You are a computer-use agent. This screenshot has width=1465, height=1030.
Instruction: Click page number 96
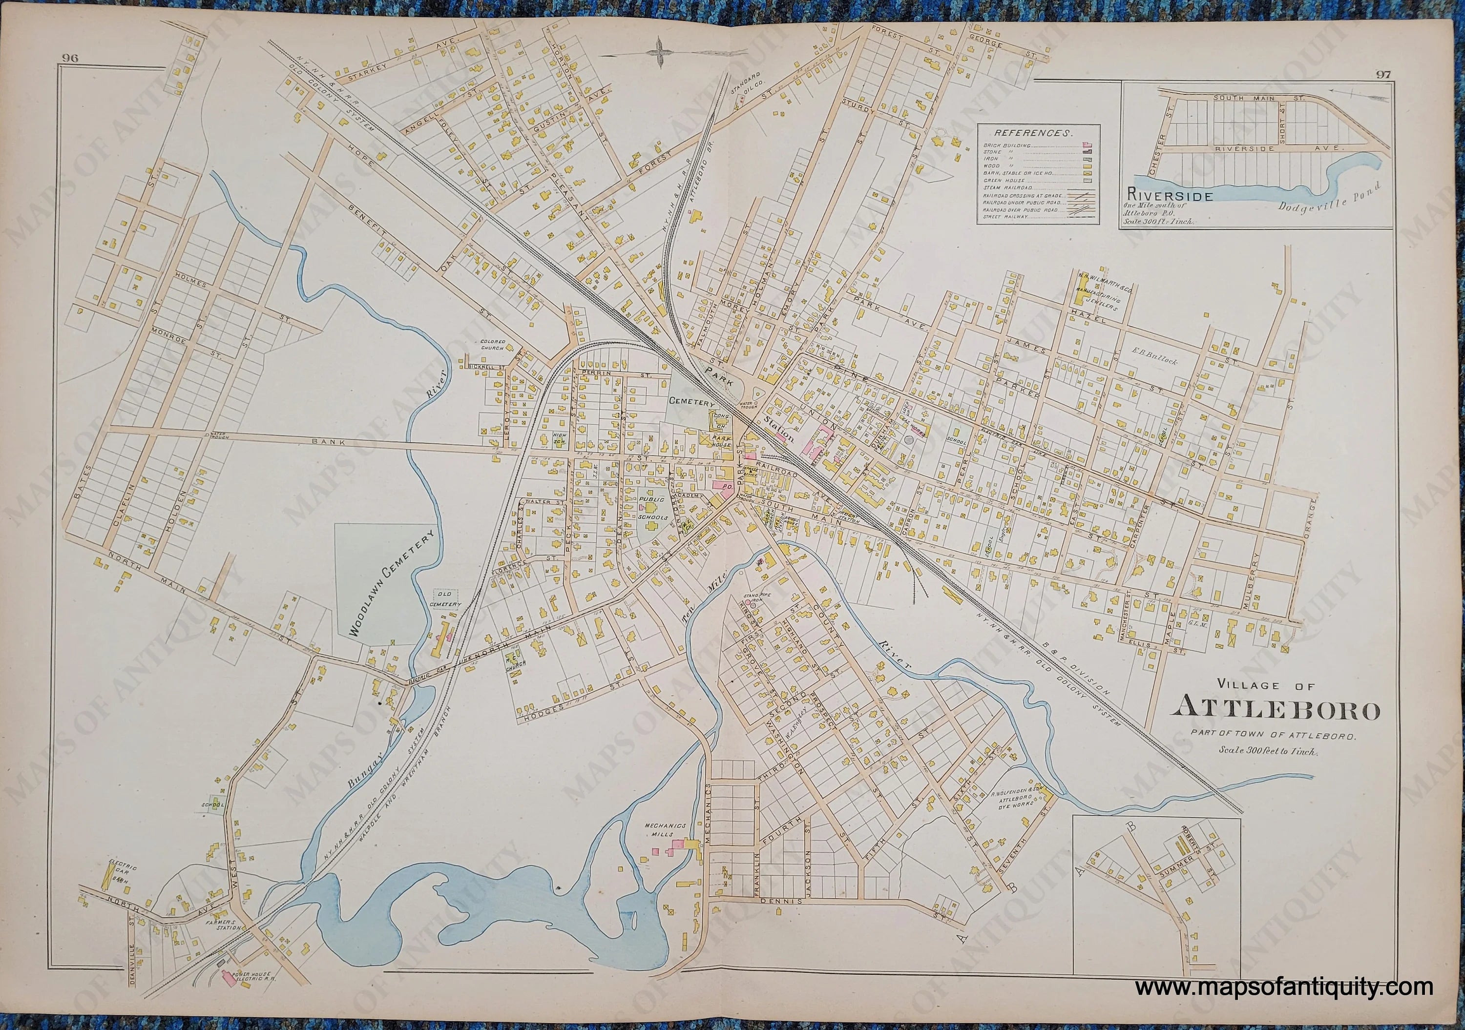[70, 58]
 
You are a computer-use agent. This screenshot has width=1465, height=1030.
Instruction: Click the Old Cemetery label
[449, 599]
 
